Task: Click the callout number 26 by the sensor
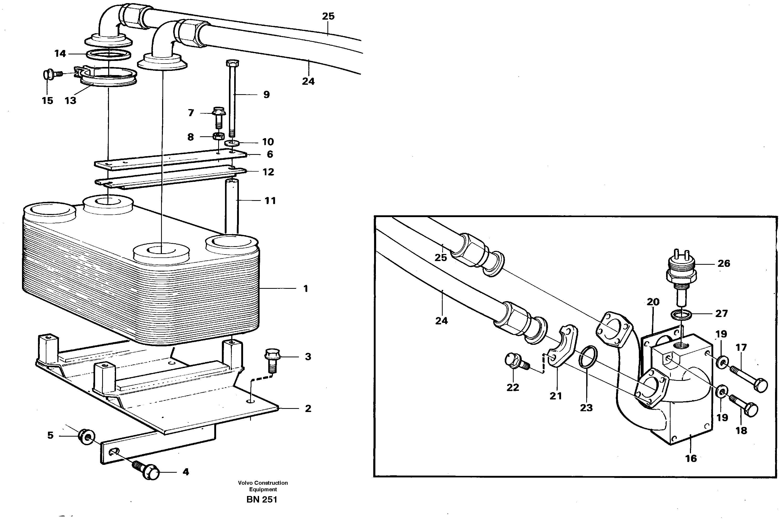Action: point(724,263)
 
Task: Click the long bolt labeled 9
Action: point(232,99)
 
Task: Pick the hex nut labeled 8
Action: point(218,136)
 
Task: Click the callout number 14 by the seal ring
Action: point(60,53)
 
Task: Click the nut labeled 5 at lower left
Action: point(87,437)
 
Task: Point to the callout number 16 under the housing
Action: point(691,458)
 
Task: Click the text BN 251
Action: point(262,499)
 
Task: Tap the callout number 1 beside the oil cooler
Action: point(305,289)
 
